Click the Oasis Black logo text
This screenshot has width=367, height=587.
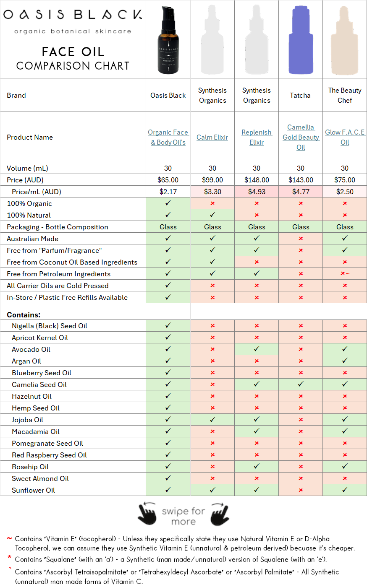pyautogui.click(x=73, y=15)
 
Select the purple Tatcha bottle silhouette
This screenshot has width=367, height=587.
pyautogui.click(x=301, y=40)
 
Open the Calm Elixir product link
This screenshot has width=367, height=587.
pyautogui.click(x=212, y=137)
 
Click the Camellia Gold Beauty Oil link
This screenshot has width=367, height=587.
pyautogui.click(x=301, y=137)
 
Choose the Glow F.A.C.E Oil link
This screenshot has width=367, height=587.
pyautogui.click(x=345, y=137)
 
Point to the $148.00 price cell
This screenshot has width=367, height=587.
pyautogui.click(x=257, y=180)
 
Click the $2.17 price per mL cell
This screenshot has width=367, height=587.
pyautogui.click(x=168, y=192)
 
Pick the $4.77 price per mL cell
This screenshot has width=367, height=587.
pyautogui.click(x=301, y=192)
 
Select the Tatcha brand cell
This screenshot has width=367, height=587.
pyautogui.click(x=300, y=95)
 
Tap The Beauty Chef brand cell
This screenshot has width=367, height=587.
pyautogui.click(x=345, y=95)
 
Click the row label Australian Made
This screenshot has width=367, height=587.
pyautogui.click(x=33, y=239)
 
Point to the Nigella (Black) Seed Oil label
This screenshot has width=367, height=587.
pyautogui.click(x=50, y=326)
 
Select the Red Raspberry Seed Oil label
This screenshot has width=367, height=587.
pyautogui.click(x=49, y=455)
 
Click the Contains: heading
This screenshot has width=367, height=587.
pyautogui.click(x=24, y=314)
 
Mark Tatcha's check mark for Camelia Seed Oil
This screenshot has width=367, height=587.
pyautogui.click(x=301, y=384)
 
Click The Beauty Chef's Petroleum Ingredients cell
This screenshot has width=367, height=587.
pyautogui.click(x=345, y=274)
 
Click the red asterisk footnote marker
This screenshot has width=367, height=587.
pyautogui.click(x=9, y=558)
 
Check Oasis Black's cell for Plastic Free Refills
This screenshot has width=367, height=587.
pyautogui.click(x=168, y=297)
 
